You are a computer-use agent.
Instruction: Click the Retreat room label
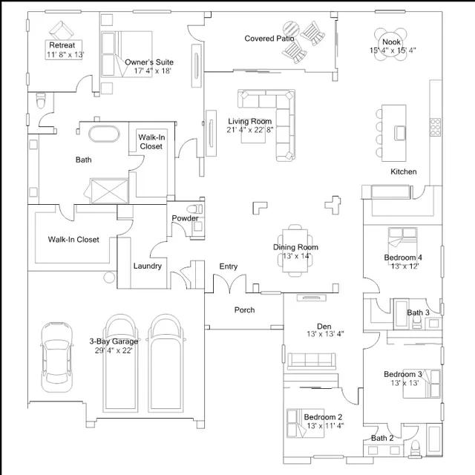62,45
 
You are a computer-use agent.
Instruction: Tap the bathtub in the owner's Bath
104,134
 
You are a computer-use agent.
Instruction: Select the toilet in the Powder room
194,209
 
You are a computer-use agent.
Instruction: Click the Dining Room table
295,251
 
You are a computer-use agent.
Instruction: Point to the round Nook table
391,45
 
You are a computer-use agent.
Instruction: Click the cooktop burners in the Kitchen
436,127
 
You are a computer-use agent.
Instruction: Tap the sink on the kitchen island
400,134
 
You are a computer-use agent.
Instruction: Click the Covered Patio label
269,39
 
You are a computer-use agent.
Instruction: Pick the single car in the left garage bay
57,357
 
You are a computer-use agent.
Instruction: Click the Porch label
244,310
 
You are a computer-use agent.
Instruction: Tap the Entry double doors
229,284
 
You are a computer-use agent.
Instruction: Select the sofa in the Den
312,361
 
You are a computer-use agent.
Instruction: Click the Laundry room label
148,266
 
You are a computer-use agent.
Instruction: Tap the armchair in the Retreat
62,30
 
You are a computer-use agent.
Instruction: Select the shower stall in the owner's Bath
109,191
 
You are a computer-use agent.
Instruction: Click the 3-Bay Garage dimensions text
114,350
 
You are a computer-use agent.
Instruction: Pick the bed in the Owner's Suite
127,54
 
